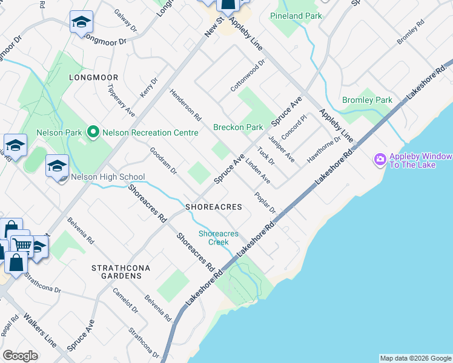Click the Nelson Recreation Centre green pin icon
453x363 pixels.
[93, 131]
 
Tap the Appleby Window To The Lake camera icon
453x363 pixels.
[380, 159]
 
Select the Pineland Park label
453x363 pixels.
[296, 16]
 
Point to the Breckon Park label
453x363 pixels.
[238, 127]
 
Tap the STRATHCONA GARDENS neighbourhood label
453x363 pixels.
[116, 271]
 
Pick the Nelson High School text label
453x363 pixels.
[108, 177]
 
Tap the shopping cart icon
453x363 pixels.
[22, 244]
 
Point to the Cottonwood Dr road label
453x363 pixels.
[248, 76]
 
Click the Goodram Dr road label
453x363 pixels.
[163, 162]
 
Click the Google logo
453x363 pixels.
[20, 356]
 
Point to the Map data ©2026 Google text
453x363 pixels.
[415, 358]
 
